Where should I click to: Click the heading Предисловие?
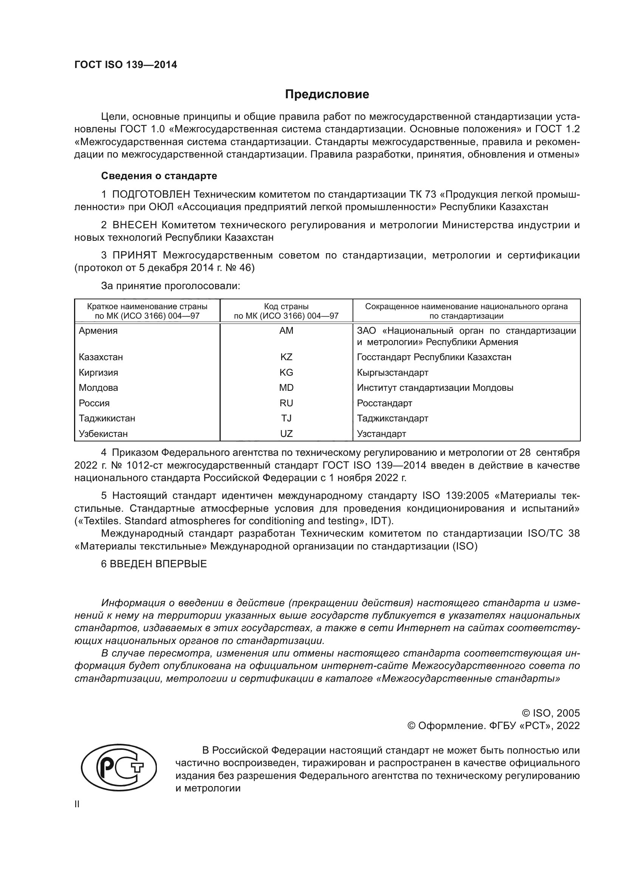[x=327, y=94]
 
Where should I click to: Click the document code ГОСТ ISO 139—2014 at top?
[x=125, y=65]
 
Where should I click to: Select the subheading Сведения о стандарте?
[x=159, y=176]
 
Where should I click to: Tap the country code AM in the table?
[x=286, y=330]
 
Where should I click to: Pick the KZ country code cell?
[x=286, y=357]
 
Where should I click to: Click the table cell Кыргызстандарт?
[x=392, y=372]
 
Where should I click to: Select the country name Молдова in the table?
[x=98, y=388]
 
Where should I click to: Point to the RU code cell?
[x=286, y=403]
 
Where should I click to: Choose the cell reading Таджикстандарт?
[x=392, y=418]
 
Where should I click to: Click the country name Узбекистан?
[x=103, y=433]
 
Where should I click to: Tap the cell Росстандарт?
[x=384, y=403]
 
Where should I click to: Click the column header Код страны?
[x=286, y=307]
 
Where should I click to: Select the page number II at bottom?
[x=77, y=804]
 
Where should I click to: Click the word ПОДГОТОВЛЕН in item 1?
[x=151, y=194]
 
